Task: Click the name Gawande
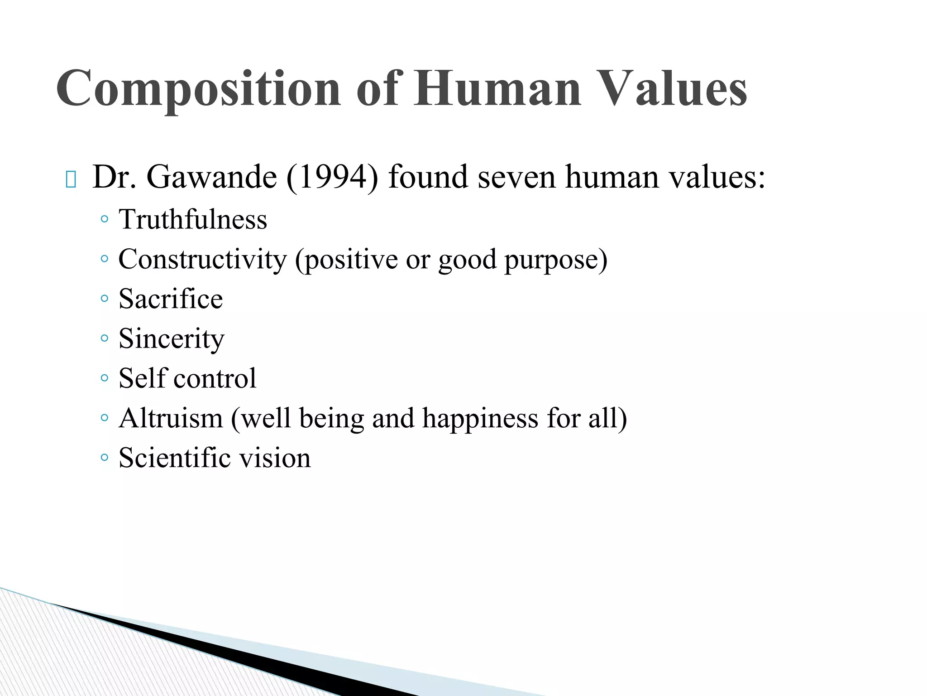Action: point(211,177)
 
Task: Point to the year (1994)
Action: point(332,177)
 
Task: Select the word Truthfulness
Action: point(193,220)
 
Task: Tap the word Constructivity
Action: point(202,260)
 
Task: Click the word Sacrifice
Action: point(171,299)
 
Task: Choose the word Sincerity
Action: point(171,339)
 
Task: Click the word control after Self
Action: point(215,378)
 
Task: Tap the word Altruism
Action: point(171,418)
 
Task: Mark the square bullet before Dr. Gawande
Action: point(71,179)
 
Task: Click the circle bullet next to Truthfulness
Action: point(105,220)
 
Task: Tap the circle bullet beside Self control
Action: point(105,378)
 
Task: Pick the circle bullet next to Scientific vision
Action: point(105,457)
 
